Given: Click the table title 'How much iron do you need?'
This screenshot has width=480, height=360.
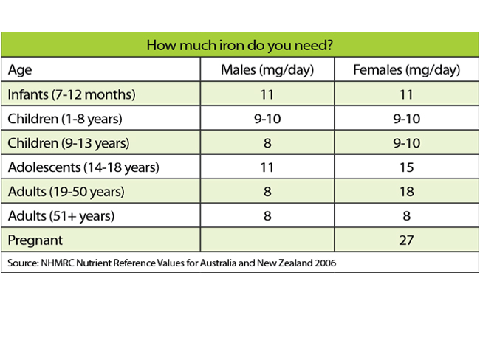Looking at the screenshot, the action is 239,45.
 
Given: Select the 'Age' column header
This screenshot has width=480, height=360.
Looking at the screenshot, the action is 20,70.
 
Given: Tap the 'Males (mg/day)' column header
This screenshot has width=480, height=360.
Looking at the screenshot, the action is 267,70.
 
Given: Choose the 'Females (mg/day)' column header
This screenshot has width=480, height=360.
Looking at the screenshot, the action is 407,70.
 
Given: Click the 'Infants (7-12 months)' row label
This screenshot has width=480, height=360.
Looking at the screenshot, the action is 72,94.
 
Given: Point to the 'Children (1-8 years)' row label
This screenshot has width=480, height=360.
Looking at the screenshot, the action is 65,119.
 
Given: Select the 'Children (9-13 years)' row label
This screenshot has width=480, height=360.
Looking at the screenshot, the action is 69,143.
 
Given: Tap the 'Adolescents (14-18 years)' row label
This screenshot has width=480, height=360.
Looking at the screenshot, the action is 83,167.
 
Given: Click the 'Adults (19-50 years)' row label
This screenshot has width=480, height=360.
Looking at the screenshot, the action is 66,192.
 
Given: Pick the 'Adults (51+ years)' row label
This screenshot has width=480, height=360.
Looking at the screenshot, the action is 61,215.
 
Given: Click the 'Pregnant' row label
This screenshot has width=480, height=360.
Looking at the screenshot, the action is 35,240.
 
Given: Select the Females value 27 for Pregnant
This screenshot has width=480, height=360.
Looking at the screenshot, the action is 407,240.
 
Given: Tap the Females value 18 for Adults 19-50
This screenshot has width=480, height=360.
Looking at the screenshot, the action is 407,192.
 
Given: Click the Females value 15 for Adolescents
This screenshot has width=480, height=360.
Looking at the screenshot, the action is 407,167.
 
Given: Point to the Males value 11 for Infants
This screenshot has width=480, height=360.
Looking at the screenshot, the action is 267,94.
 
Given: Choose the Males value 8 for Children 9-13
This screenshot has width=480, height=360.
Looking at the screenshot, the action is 267,143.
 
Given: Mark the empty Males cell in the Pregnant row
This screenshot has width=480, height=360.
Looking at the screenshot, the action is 267,240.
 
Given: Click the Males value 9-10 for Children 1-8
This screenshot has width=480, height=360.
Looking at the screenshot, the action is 267,119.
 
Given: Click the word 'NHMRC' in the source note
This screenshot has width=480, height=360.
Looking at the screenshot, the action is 58,263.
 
